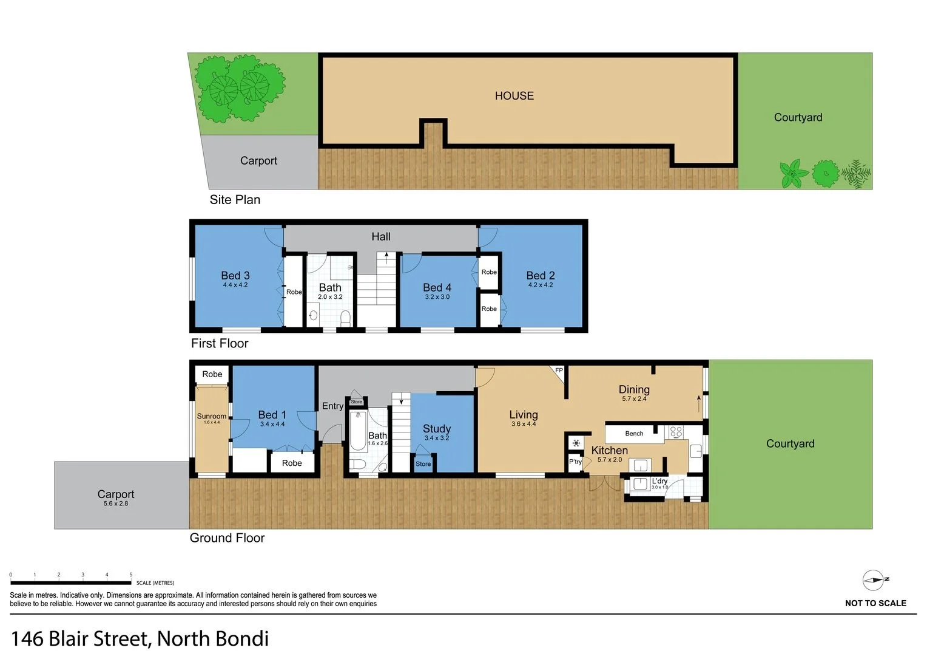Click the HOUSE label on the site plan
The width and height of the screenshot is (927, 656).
coord(514,96)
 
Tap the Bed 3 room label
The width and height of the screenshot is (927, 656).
coord(235,276)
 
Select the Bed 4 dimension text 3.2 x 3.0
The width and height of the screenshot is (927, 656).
coord(437,297)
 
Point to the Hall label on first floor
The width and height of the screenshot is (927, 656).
coord(381,237)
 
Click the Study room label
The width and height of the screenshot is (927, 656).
coord(437,429)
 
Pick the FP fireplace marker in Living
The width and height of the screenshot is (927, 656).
coord(559,371)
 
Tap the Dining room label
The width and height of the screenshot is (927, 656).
coord(634,390)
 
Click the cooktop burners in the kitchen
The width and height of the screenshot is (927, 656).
coord(676,432)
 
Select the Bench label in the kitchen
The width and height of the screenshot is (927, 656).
coord(634,434)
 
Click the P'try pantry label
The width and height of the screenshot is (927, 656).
coord(575,462)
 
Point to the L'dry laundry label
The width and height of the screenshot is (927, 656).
coord(659,481)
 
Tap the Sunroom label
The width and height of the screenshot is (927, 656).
coord(211,416)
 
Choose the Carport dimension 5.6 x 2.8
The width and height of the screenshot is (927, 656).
coord(115,504)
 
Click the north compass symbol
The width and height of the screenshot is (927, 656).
coord(874,581)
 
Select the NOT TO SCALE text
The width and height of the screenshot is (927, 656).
coord(875,603)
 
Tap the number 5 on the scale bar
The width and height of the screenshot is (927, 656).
coord(131,575)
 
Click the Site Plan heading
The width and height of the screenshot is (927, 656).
coord(235,200)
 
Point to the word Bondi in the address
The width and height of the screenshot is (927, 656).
coord(241,638)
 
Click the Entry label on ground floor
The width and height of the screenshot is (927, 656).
coord(332,406)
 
